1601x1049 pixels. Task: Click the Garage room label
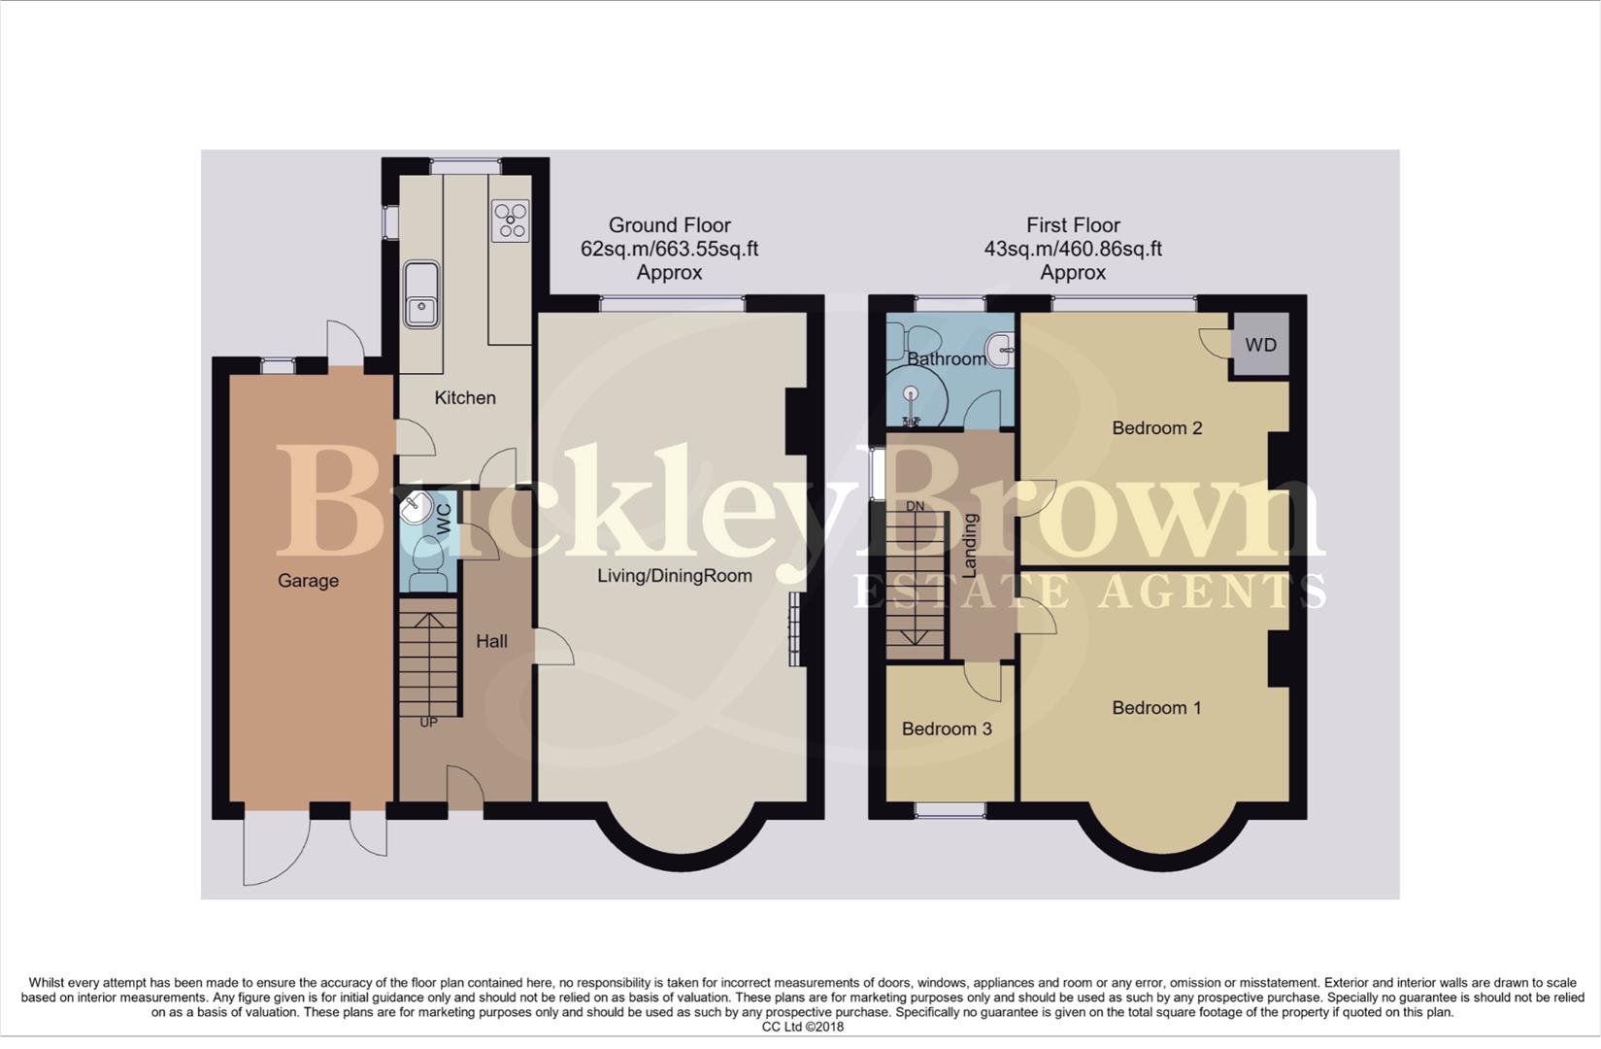coord(308,581)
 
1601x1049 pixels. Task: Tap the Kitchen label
coord(465,397)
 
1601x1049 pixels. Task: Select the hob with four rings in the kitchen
coord(510,220)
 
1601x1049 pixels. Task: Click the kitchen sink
coord(421,294)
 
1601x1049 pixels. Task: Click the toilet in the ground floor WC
coord(426,564)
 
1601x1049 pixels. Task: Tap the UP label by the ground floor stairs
coord(428,723)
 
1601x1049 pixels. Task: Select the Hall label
coord(491,641)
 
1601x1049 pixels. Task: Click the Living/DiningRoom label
coord(674,576)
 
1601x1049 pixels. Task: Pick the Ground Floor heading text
coord(669,225)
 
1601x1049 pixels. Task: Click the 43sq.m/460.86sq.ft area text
coord(1073,249)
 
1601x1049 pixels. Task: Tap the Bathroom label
coord(947,359)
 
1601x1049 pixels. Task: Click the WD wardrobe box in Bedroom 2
coord(1260,345)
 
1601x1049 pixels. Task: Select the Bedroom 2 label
coord(1156,428)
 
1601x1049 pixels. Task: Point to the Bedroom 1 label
coord(1156,708)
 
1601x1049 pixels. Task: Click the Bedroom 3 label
coord(947,728)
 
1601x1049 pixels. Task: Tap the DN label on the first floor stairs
coord(915,507)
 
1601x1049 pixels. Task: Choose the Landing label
coord(970,546)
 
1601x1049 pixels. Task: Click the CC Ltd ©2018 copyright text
coord(803,1027)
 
